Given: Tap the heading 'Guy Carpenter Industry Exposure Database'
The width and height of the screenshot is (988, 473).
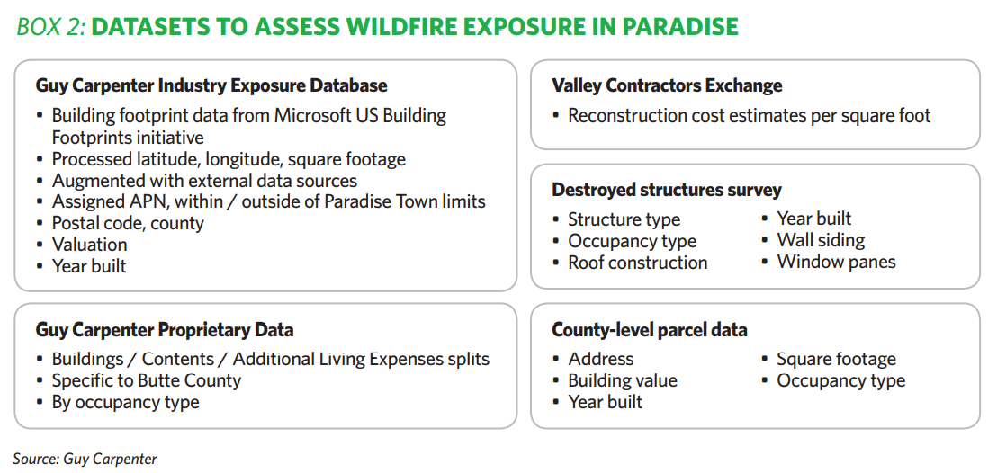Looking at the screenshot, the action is click(x=211, y=85).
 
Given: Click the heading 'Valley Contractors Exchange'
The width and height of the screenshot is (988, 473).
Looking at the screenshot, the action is click(x=667, y=85).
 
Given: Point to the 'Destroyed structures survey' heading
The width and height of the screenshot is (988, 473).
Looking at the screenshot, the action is click(x=667, y=190).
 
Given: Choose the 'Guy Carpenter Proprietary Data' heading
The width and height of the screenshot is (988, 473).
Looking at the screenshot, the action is click(x=165, y=329).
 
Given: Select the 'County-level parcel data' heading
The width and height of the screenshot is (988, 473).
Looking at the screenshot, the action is click(x=649, y=329).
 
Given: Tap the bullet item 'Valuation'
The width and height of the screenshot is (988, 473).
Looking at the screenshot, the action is click(x=89, y=245).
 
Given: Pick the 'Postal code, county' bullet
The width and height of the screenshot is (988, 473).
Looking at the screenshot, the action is click(x=128, y=223).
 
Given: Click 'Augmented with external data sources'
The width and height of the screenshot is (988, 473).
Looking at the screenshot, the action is click(x=205, y=181).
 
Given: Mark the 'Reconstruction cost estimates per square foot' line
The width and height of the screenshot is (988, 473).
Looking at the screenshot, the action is click(x=750, y=116).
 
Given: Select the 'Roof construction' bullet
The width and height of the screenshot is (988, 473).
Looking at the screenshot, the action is click(x=638, y=262).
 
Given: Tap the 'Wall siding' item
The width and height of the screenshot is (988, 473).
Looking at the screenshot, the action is click(x=821, y=240).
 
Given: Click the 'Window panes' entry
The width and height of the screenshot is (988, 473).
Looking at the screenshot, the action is click(x=836, y=262).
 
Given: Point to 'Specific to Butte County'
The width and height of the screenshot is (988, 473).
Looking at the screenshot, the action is click(x=146, y=381).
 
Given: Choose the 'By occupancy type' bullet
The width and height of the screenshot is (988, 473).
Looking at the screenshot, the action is click(x=125, y=403).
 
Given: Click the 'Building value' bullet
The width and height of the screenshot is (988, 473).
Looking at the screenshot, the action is click(x=623, y=381).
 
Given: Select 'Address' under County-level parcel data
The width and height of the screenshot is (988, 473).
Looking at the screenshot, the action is click(x=600, y=359).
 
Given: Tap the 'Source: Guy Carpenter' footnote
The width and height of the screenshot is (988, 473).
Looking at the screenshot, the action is click(x=85, y=459).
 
